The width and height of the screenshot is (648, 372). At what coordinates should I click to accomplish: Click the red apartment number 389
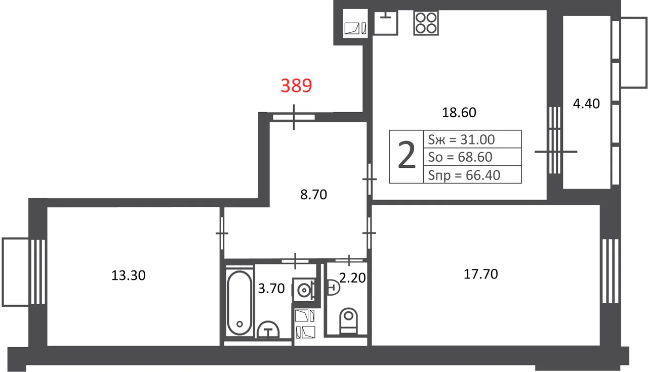(296, 85)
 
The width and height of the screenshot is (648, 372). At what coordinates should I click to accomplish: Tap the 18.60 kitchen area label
(459, 112)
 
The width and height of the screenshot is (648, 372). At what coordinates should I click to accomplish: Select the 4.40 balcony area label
(586, 104)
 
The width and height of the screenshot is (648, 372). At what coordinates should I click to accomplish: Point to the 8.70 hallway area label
(313, 195)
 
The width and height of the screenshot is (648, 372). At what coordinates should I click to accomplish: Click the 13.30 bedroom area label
(129, 275)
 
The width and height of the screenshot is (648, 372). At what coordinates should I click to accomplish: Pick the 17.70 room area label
(481, 274)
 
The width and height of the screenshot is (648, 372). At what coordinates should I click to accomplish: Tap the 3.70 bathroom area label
(271, 288)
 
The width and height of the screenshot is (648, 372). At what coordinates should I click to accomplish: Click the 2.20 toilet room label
(352, 278)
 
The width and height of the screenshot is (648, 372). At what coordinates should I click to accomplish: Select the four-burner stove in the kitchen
(426, 23)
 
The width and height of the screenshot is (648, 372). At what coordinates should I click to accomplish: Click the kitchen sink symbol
(386, 23)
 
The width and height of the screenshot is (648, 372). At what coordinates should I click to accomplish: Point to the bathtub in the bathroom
(239, 303)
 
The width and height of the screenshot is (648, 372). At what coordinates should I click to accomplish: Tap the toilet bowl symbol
(349, 321)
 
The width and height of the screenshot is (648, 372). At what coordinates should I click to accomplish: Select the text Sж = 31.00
(461, 139)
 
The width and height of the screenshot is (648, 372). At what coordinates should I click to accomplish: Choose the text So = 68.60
(460, 157)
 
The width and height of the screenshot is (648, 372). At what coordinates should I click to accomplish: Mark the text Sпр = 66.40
(464, 175)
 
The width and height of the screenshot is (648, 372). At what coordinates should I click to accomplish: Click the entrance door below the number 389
(294, 117)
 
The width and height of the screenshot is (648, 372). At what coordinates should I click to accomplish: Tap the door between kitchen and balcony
(555, 151)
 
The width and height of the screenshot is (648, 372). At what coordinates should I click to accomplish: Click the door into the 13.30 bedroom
(222, 233)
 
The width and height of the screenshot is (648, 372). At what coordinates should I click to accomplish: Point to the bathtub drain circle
(239, 324)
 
